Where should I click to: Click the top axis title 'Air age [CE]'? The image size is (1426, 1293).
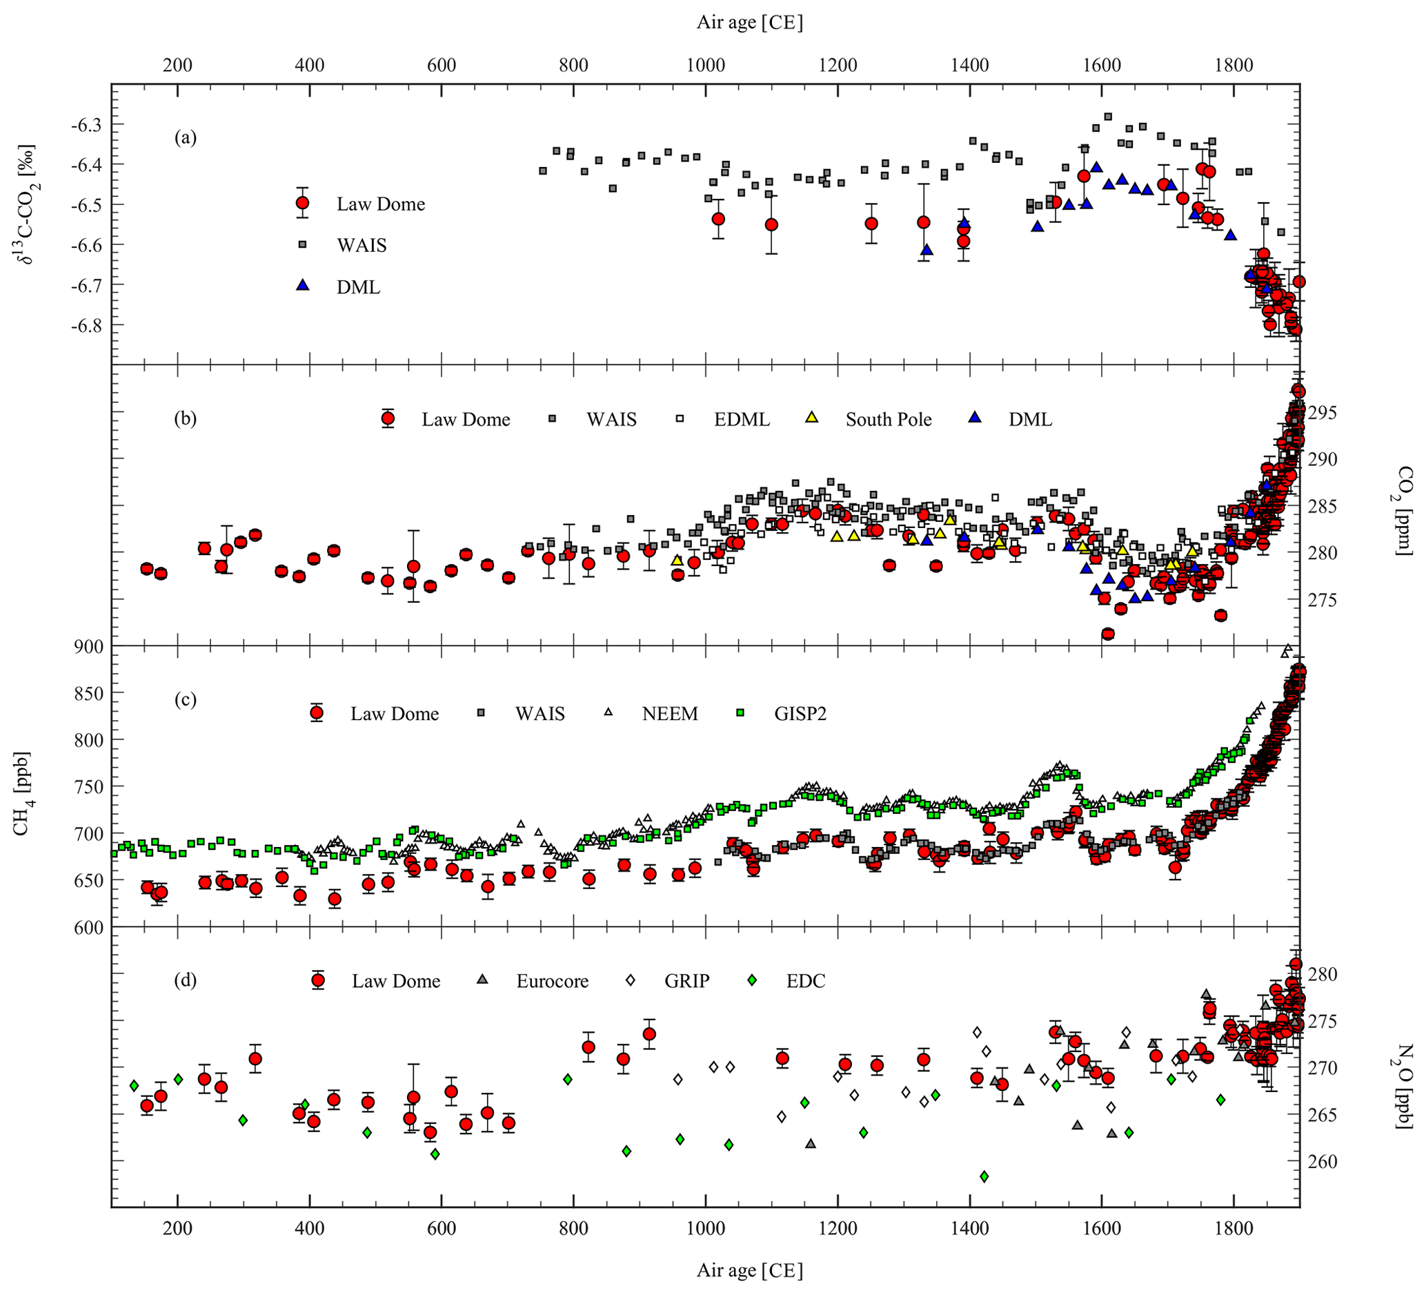tap(750, 23)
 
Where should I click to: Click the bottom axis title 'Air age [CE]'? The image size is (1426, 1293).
tap(750, 1270)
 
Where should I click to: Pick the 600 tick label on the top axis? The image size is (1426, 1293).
tap(441, 66)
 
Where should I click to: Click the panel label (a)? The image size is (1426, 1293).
tap(186, 138)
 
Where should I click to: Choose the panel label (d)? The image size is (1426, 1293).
tap(186, 980)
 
